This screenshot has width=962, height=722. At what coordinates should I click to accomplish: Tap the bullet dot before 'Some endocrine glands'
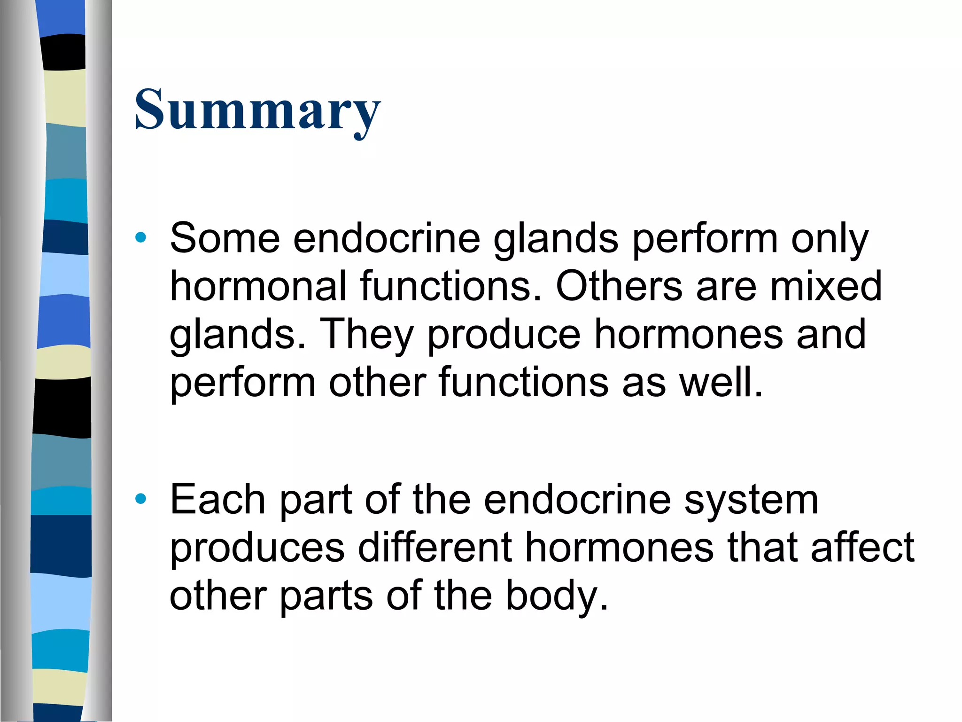coord(140,237)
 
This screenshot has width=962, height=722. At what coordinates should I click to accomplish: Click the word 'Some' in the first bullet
coord(225,238)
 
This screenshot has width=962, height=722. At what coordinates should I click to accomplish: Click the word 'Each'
coord(218,499)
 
